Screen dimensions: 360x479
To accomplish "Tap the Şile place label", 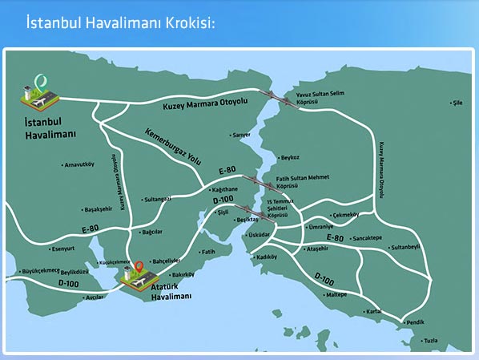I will [x=459, y=103].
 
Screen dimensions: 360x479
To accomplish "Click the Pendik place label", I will [x=416, y=322].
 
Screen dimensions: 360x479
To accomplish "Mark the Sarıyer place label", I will [x=241, y=136].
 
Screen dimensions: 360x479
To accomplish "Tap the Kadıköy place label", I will [x=266, y=257].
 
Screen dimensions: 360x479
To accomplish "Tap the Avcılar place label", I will [x=95, y=297].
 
